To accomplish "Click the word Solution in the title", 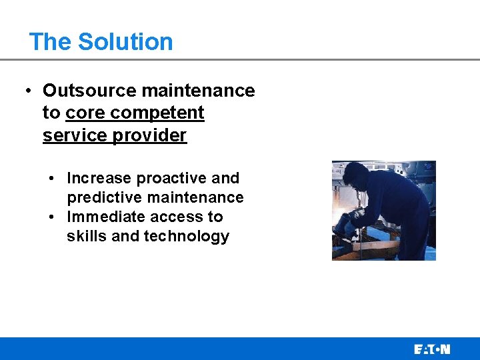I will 125,41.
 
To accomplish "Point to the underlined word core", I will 85,113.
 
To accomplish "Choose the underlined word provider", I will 149,135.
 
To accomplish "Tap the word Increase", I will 99,178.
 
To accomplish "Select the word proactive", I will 171,178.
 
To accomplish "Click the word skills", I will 87,236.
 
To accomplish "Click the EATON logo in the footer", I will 431,349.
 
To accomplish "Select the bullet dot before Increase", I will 51,179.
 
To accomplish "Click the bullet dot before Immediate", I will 51,217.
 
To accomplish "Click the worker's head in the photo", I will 357,175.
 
